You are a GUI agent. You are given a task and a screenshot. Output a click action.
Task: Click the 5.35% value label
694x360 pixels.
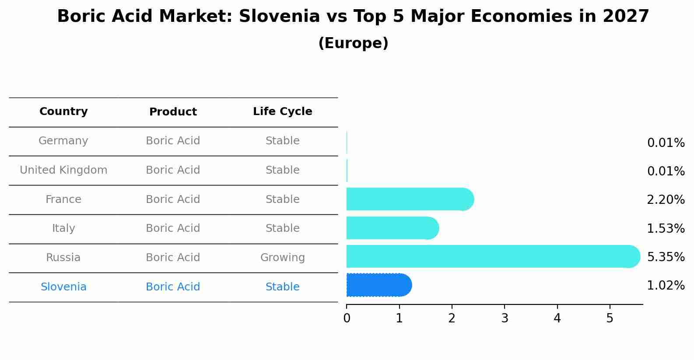[x=666, y=257]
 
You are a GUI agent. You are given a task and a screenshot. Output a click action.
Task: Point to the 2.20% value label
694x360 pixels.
[x=666, y=200]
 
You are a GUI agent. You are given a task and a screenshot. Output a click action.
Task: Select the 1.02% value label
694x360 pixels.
[x=666, y=286]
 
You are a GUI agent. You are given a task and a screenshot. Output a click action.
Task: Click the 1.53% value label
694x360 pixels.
[x=666, y=229]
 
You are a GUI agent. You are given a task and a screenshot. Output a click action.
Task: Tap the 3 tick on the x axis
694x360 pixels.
[x=505, y=318]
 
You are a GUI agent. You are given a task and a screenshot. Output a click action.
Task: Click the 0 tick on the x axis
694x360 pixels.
[x=347, y=318]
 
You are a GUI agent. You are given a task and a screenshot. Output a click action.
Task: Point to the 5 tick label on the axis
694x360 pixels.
[x=610, y=318]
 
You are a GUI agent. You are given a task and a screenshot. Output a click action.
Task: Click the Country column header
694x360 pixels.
[x=63, y=112]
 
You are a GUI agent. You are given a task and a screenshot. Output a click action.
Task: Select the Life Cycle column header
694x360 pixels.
[x=282, y=112]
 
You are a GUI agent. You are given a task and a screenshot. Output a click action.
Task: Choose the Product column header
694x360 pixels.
[x=173, y=112]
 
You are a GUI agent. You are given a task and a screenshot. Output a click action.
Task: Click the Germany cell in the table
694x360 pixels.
[x=63, y=141]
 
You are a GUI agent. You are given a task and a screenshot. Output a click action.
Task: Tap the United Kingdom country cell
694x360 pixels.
[x=63, y=170]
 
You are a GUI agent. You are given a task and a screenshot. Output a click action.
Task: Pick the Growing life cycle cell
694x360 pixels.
[x=282, y=258]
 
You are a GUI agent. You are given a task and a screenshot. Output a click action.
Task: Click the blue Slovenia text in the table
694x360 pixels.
[x=63, y=287]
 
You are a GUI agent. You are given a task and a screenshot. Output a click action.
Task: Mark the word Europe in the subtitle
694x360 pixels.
[x=353, y=43]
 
